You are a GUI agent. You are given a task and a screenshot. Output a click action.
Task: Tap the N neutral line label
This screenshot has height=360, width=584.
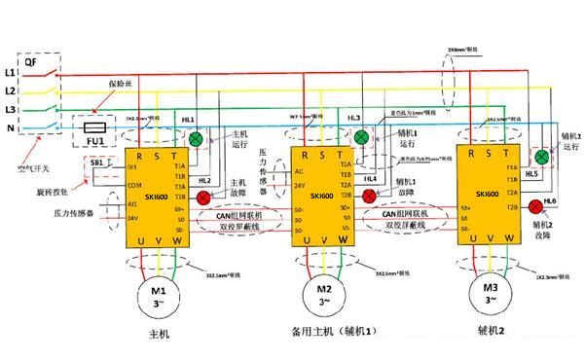tap(11, 126)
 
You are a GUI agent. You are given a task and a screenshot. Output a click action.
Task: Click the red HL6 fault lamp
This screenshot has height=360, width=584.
tap(534, 205)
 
